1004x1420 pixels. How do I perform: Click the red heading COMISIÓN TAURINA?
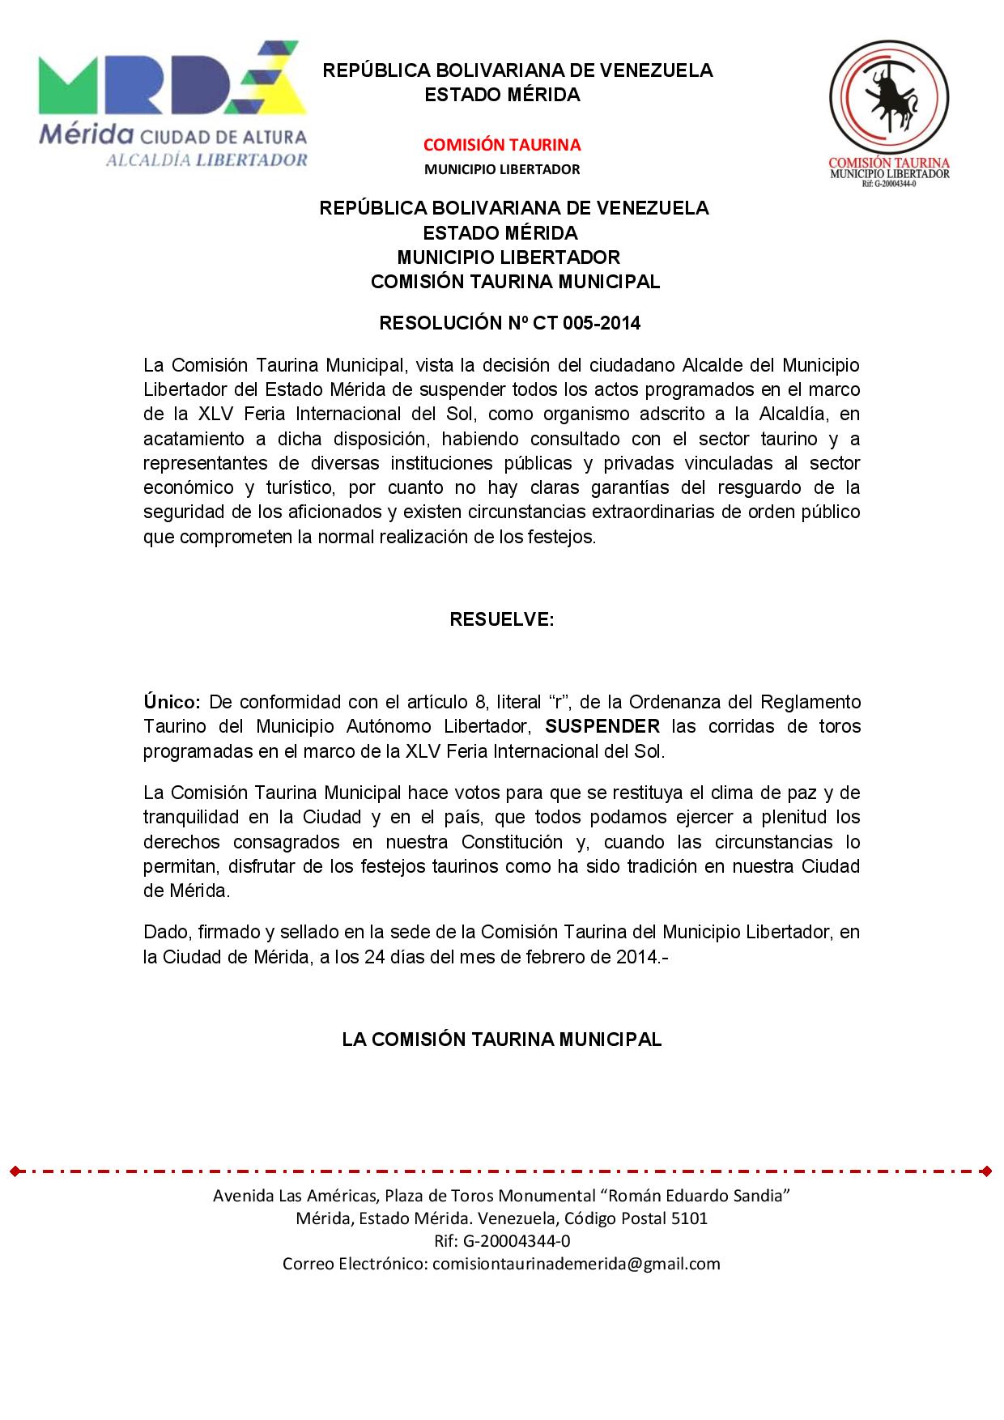click(x=502, y=145)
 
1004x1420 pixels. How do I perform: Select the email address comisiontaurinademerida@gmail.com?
click(x=576, y=1263)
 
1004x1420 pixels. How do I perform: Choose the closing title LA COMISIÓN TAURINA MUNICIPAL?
click(x=502, y=1039)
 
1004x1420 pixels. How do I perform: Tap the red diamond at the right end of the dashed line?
click(x=985, y=1171)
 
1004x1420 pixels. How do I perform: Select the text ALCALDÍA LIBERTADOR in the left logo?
click(x=206, y=159)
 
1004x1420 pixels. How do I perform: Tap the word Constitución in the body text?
click(x=512, y=841)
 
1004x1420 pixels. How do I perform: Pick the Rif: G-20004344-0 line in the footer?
click(x=502, y=1240)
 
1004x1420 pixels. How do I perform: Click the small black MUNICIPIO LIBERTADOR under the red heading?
click(x=502, y=169)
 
